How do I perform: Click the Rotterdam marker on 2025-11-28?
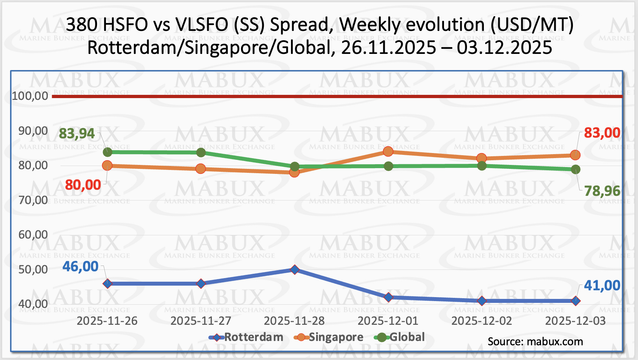tap(295, 269)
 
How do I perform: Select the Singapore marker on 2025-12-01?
tap(388, 152)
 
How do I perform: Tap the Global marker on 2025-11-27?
tap(201, 153)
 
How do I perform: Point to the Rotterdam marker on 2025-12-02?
tap(482, 301)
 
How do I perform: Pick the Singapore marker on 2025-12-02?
tap(482, 158)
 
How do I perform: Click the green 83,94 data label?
tap(77, 134)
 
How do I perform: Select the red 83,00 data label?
tap(602, 133)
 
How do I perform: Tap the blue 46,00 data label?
tap(80, 267)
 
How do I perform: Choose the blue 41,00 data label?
tap(602, 286)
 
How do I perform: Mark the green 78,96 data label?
tap(602, 191)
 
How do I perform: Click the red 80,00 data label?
tap(83, 185)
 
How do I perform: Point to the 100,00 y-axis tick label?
tap(30, 96)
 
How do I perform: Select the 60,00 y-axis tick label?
tap(33, 235)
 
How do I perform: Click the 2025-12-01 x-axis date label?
tap(388, 321)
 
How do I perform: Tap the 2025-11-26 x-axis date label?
tap(107, 321)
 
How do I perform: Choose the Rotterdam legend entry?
tap(254, 337)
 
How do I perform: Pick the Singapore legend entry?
tap(336, 337)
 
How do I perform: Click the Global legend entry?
tap(407, 337)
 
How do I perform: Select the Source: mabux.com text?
tap(535, 342)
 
